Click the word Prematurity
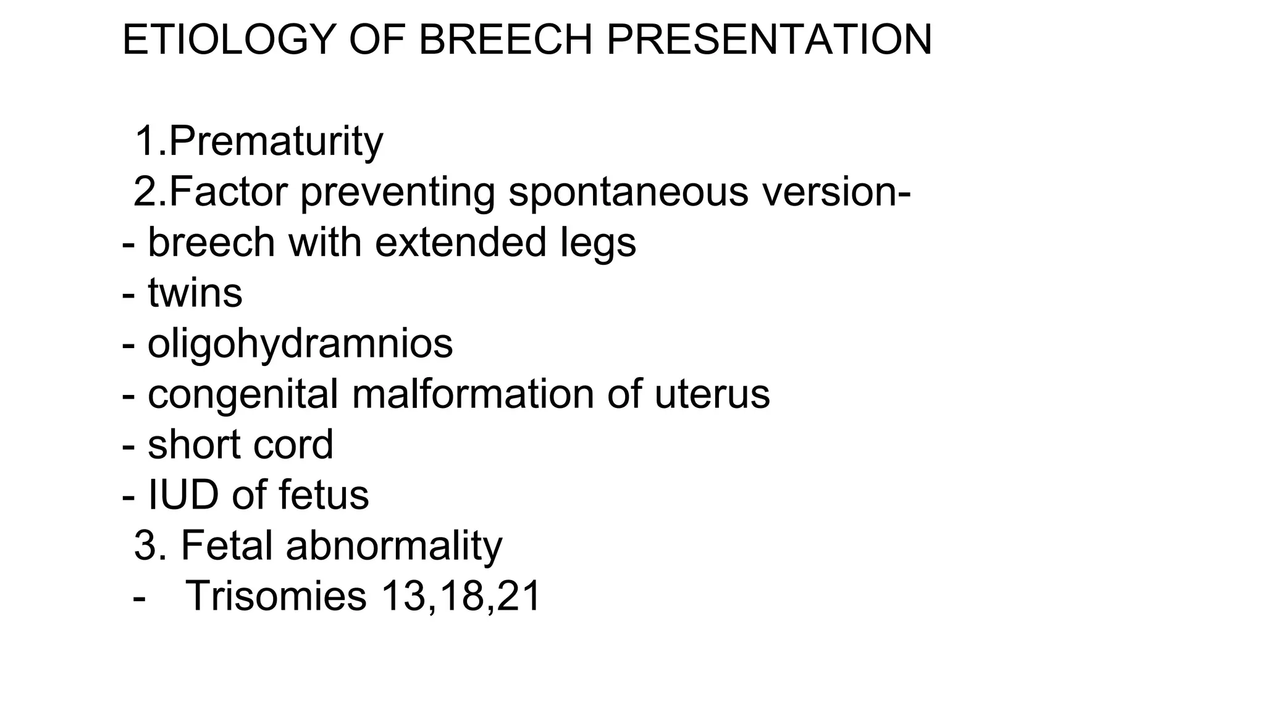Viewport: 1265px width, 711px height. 275,141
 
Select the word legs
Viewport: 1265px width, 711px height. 598,243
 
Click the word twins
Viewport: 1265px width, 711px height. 195,293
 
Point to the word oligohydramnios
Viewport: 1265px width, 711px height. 300,344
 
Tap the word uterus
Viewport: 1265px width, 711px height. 712,394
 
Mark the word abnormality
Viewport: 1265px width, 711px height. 394,546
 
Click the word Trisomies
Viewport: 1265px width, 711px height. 276,596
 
